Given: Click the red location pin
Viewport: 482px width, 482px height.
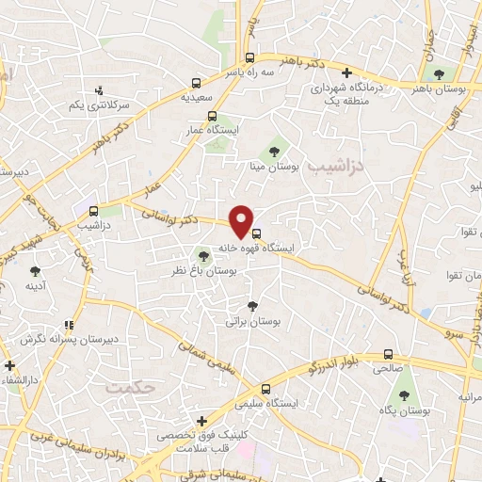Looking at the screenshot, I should pos(242,220).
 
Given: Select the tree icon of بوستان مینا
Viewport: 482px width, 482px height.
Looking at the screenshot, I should pos(274,150).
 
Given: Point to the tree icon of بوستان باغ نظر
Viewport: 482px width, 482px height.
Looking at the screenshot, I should pos(202,254).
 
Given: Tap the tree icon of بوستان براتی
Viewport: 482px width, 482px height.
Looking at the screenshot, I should pos(251,305).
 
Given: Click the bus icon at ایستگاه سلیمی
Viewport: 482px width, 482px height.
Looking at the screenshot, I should pos(266,388).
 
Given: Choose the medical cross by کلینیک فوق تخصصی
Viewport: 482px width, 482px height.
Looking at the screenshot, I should pos(201,421).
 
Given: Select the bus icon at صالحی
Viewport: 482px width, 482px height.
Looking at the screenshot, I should pos(388,356).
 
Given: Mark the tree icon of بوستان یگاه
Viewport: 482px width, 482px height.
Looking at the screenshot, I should pos(404,395).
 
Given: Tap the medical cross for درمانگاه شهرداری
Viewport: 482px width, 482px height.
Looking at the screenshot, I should pos(347,72).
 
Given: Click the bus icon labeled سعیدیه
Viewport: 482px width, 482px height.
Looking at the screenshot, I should pos(195,82).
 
